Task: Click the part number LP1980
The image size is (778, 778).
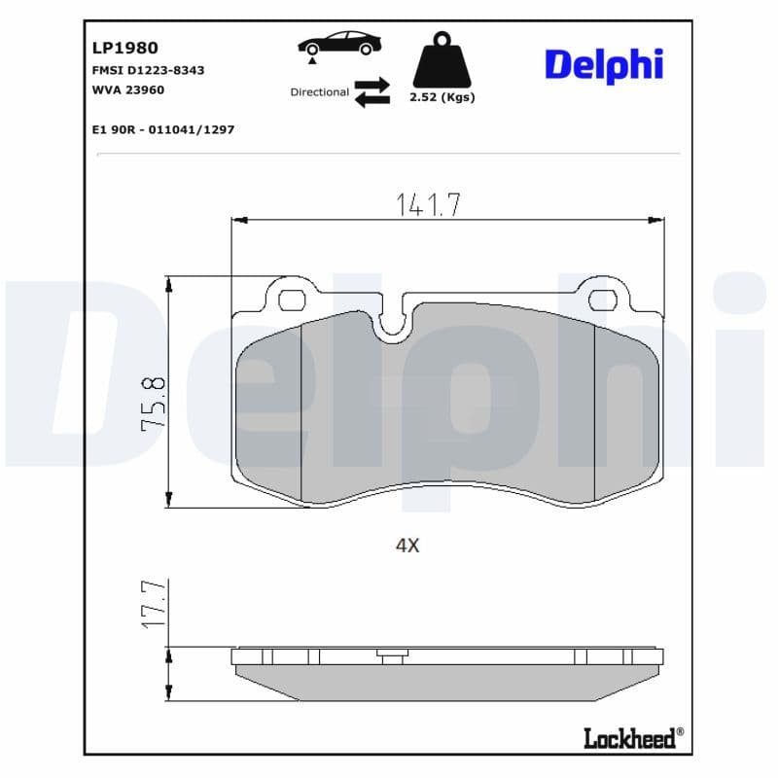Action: (x=124, y=48)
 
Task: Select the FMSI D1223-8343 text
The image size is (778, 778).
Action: (x=148, y=71)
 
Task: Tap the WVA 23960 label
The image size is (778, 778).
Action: (x=127, y=89)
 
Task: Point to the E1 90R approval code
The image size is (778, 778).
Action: (x=162, y=129)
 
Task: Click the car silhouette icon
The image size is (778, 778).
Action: (x=340, y=43)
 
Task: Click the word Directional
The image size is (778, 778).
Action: (x=319, y=92)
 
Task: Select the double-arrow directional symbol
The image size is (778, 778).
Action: (x=371, y=92)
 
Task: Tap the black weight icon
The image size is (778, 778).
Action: (x=442, y=60)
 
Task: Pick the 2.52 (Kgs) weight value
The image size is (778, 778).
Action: (x=443, y=98)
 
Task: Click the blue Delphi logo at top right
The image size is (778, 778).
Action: (x=603, y=64)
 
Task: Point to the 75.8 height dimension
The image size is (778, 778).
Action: (x=154, y=404)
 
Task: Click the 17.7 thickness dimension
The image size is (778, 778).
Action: (x=155, y=604)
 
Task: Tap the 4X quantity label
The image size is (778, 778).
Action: (x=407, y=546)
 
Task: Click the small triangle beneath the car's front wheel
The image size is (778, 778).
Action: (x=311, y=60)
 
